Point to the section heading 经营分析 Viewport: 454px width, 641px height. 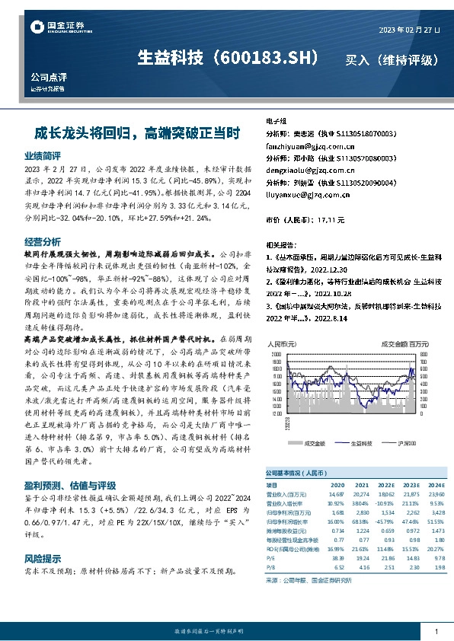[x=43, y=241]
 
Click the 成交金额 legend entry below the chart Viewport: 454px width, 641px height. [x=315, y=442]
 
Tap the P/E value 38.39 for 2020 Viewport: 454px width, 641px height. [x=337, y=558]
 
